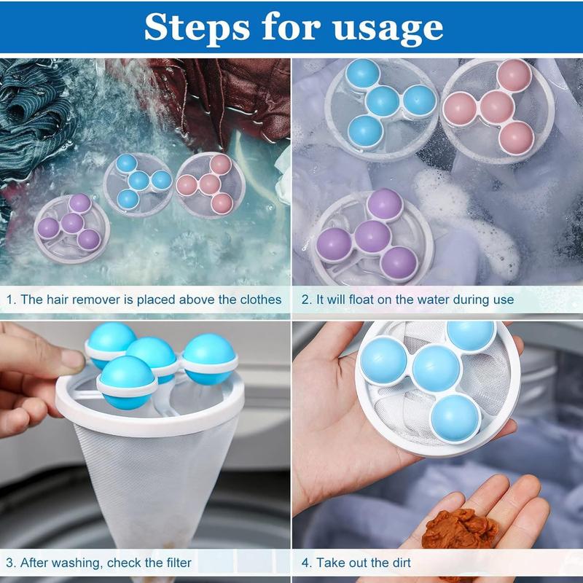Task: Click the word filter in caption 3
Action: point(176,562)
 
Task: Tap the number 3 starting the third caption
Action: point(10,562)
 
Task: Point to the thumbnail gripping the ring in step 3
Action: point(71,359)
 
